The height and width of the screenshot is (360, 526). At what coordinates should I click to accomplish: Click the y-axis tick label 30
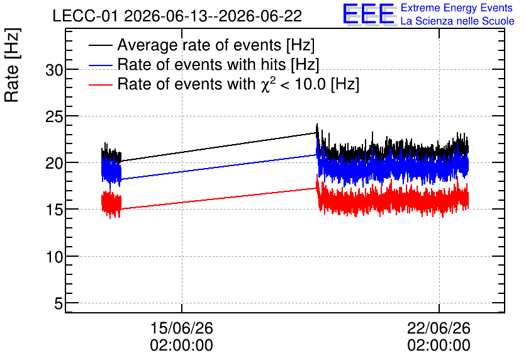coord(54,70)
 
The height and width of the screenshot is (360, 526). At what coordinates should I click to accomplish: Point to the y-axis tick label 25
coord(54,117)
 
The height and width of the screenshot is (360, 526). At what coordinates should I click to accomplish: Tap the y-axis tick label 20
coord(54,164)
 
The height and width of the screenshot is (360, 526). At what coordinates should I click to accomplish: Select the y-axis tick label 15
coord(54,210)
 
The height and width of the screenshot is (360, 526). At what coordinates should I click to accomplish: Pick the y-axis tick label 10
coord(54,257)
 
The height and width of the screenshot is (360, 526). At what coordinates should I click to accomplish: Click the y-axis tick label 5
coord(59,304)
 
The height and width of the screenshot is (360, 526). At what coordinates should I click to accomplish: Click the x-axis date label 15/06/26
coord(181,328)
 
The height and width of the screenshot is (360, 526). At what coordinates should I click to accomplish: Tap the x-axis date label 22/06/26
coord(439,328)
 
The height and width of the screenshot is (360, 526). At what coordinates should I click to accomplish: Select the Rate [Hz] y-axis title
coord(12,65)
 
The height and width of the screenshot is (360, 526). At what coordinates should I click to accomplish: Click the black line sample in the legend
coord(100,45)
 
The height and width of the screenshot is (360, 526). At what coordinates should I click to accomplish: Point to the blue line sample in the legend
coord(100,65)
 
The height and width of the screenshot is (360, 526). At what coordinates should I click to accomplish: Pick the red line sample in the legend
coord(100,84)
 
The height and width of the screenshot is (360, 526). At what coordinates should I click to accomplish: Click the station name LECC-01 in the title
coord(86,16)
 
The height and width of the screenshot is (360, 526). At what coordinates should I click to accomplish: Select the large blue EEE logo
coord(369,14)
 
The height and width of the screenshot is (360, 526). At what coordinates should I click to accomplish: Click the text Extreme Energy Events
coord(457,8)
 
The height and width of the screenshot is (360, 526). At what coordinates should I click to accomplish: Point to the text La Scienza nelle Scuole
coord(457,21)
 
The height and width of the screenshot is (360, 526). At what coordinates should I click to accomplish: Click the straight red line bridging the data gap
coord(219,199)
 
